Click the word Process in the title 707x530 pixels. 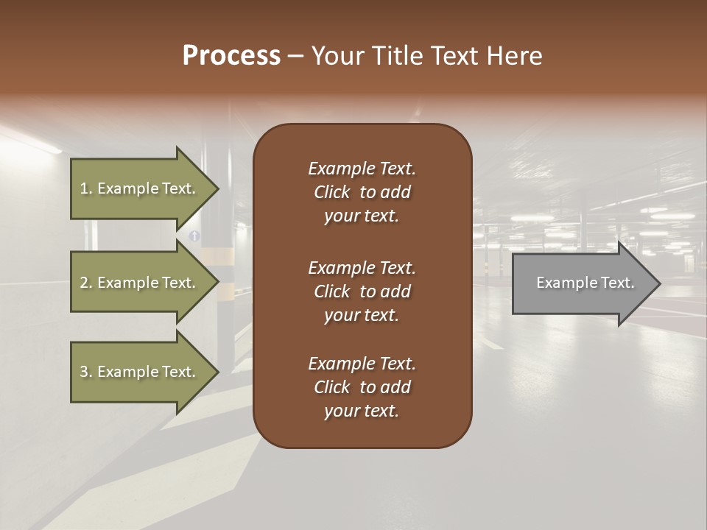pos(231,56)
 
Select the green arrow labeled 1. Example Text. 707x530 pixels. pos(140,188)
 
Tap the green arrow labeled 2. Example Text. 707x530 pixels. pos(140,283)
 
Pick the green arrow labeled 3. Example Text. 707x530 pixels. pos(140,372)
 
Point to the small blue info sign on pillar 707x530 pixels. pos(194,236)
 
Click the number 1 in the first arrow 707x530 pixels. pos(84,188)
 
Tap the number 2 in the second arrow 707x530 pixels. pos(84,283)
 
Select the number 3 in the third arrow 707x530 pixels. pos(84,372)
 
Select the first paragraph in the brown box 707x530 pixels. pos(362,192)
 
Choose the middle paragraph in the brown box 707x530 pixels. pos(362,291)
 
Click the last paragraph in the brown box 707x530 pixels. pos(362,387)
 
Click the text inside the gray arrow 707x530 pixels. pos(585,283)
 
